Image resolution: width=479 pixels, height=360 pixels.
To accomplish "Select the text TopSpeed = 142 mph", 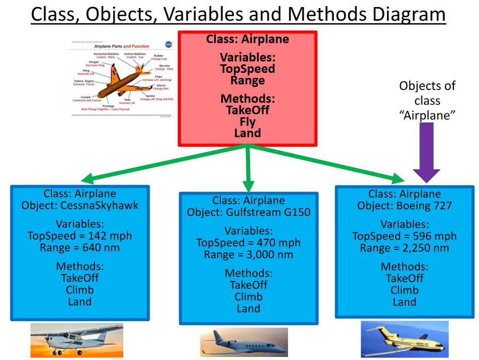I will [x=80, y=236].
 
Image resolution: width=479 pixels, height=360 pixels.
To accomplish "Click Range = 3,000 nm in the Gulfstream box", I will [x=248, y=254].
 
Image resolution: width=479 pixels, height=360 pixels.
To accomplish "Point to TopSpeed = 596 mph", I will [x=404, y=236].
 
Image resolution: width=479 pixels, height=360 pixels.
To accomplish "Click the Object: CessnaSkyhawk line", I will [x=80, y=205].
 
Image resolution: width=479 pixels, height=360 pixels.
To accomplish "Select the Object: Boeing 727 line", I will [x=404, y=206].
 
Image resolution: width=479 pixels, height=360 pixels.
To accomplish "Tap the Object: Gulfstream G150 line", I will [x=248, y=212].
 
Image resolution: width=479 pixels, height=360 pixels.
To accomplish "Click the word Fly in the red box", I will [x=248, y=122].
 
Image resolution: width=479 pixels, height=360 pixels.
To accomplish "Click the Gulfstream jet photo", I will [x=244, y=342].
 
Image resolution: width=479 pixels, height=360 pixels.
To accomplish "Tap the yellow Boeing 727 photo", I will [x=404, y=340].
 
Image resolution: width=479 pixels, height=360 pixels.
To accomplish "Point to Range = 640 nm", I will [x=80, y=248].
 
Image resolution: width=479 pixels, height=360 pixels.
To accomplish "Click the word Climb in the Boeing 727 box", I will [x=404, y=290].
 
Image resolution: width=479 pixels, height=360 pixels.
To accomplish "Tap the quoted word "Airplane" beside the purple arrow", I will [x=427, y=115].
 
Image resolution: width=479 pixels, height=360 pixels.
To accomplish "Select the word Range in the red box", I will [x=248, y=80].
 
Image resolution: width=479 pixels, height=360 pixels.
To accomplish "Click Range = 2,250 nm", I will [x=404, y=248].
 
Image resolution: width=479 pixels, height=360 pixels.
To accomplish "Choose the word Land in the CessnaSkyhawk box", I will [x=80, y=302].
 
